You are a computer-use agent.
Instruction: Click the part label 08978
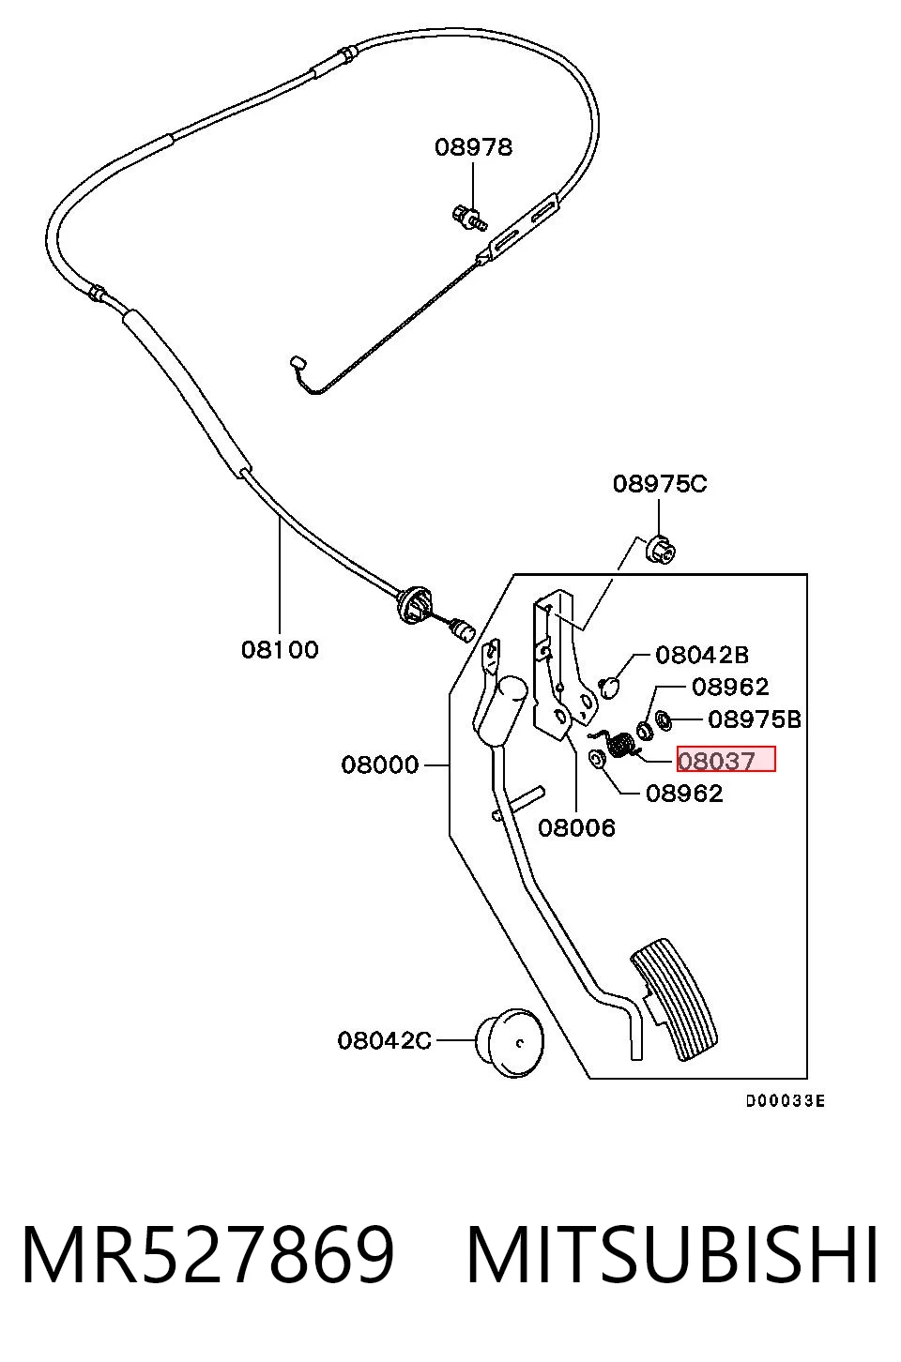pos(473,147)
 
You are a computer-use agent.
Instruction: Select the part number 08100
pos(280,650)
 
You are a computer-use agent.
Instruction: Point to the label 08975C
pos(660,484)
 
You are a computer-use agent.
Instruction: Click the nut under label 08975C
pos(660,549)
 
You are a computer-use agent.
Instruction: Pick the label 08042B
pos(702,655)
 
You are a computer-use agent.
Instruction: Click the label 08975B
pos(755,719)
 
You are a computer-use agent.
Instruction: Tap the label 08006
pos(577,827)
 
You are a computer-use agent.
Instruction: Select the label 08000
pos(380,764)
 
